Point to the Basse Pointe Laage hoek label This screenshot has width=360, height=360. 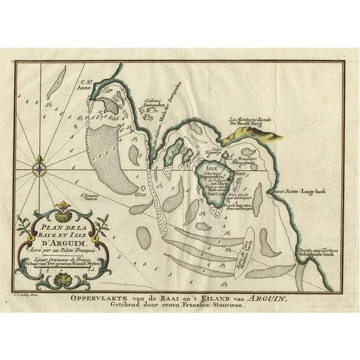point(303,189)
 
